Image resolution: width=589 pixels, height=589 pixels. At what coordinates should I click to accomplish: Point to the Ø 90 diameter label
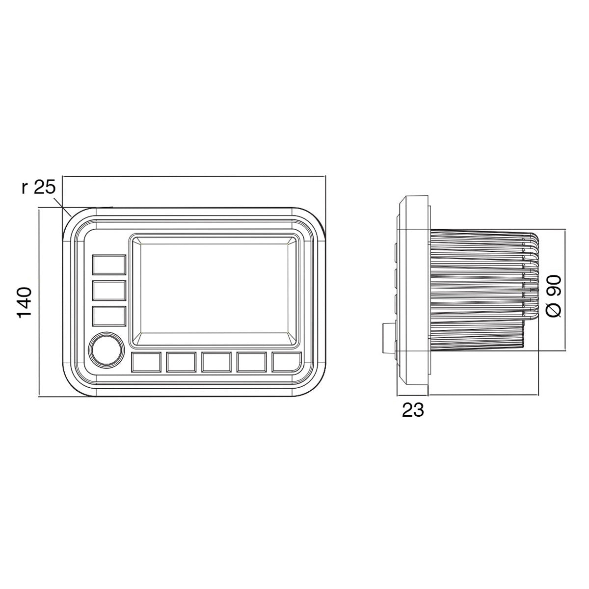point(554,296)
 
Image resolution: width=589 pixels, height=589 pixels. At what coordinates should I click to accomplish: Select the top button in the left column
point(109,265)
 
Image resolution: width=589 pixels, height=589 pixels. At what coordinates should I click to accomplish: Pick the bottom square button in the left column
point(109,316)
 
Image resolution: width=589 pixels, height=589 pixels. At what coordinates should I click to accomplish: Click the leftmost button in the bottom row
point(146,362)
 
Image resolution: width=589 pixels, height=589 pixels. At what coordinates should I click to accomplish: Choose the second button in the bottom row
point(182,362)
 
